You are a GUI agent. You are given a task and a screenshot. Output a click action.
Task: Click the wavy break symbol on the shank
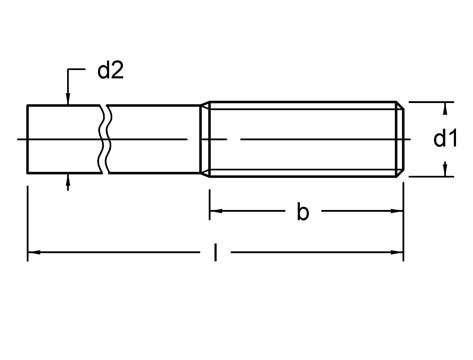(x=104, y=139)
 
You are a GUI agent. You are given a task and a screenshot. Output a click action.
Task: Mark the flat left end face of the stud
(x=27, y=139)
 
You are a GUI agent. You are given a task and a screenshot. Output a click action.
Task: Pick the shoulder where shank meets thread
(x=206, y=139)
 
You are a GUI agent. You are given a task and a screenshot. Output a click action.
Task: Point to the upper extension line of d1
(x=425, y=101)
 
